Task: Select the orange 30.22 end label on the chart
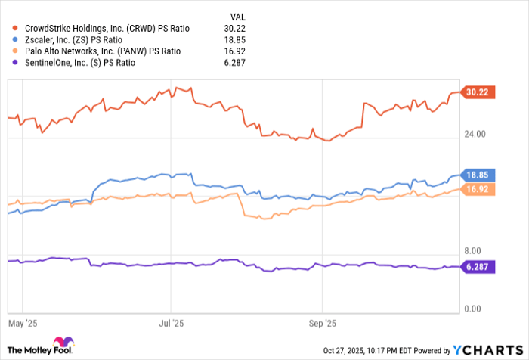click(478, 92)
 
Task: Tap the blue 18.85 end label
click(478, 175)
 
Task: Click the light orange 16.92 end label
click(478, 189)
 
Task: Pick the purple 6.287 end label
click(479, 266)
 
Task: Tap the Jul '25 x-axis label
click(172, 323)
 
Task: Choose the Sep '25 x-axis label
click(323, 323)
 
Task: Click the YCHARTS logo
click(486, 349)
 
